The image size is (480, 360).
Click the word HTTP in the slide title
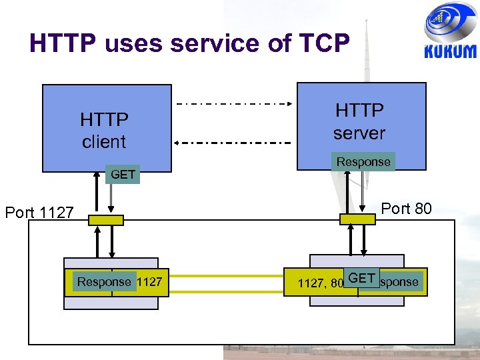pos(63,43)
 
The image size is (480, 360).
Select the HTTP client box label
pos(104,131)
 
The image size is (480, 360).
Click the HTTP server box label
pos(359,121)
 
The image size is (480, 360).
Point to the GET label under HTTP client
pos(123,175)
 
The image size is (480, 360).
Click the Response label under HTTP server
pos(363,162)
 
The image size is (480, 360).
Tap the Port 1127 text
pos(39,213)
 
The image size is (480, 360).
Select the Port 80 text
pos(406,209)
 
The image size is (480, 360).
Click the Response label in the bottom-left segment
pos(104,282)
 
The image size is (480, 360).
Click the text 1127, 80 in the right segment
pos(320,283)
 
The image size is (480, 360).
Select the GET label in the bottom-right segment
pos(362,278)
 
